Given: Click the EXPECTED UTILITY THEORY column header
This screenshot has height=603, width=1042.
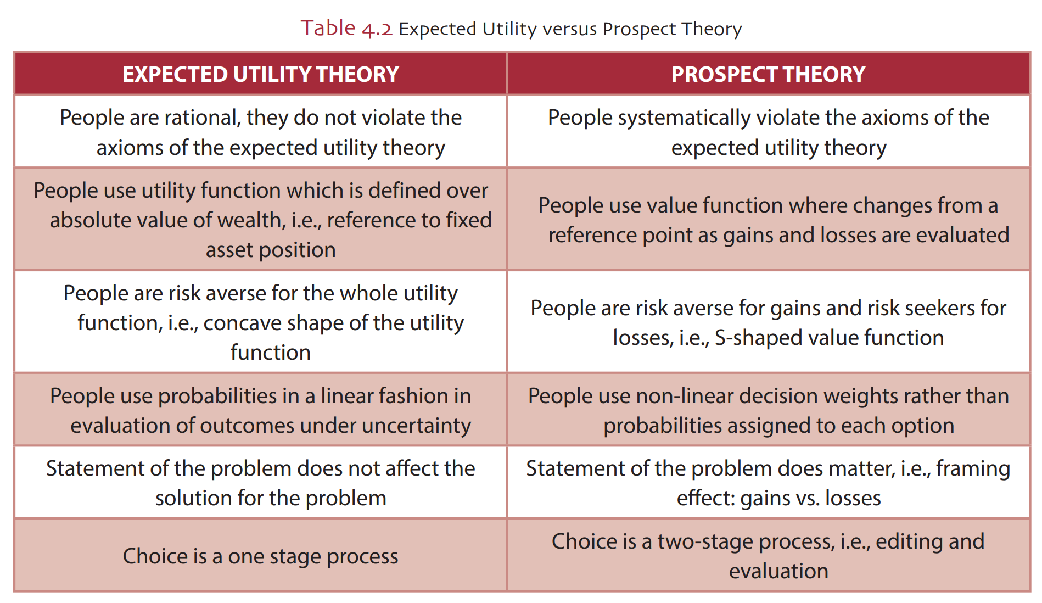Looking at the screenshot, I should [260, 74].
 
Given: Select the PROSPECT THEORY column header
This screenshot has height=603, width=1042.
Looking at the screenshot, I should [768, 74].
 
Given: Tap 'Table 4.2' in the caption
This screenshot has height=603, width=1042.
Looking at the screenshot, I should [346, 28].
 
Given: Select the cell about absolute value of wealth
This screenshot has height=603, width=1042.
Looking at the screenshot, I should [260, 220].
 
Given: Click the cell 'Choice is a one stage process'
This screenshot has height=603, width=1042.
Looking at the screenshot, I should [260, 556].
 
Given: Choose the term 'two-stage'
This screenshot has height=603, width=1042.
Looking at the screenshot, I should [705, 542].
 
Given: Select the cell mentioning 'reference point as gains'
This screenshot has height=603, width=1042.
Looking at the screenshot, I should [768, 220].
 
